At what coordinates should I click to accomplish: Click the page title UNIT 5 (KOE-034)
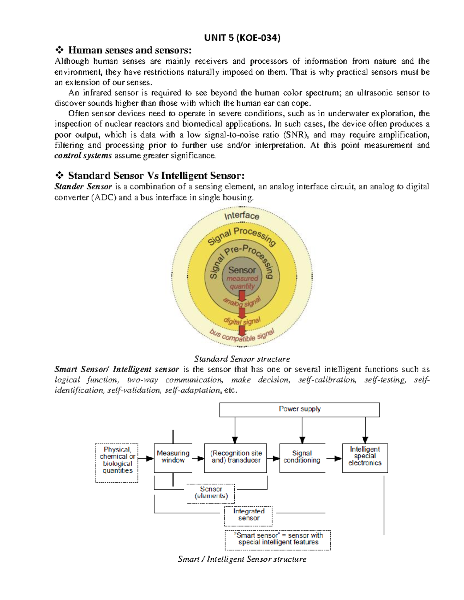pos(242,37)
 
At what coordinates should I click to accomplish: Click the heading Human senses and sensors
pos(130,50)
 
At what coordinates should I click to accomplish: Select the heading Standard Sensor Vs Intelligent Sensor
pos(156,176)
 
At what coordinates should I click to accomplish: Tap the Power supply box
pos(300,410)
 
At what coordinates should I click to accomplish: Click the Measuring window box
pos(173,457)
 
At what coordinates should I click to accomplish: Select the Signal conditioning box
pos(302,457)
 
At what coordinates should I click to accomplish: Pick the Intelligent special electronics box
pos(365,457)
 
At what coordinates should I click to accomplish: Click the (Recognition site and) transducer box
pos(235,457)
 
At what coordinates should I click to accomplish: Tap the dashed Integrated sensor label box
pos(249,515)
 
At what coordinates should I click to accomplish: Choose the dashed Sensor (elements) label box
pos(211,493)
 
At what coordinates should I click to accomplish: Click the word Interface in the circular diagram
pos(242,215)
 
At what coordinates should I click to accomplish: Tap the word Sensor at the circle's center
pos(242,270)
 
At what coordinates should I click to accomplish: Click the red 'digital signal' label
pos(242,321)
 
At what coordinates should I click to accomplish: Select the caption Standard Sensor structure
pos(242,359)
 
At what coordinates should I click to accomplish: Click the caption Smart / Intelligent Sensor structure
pos(242,559)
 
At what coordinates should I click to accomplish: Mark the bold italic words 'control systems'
pos(83,156)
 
